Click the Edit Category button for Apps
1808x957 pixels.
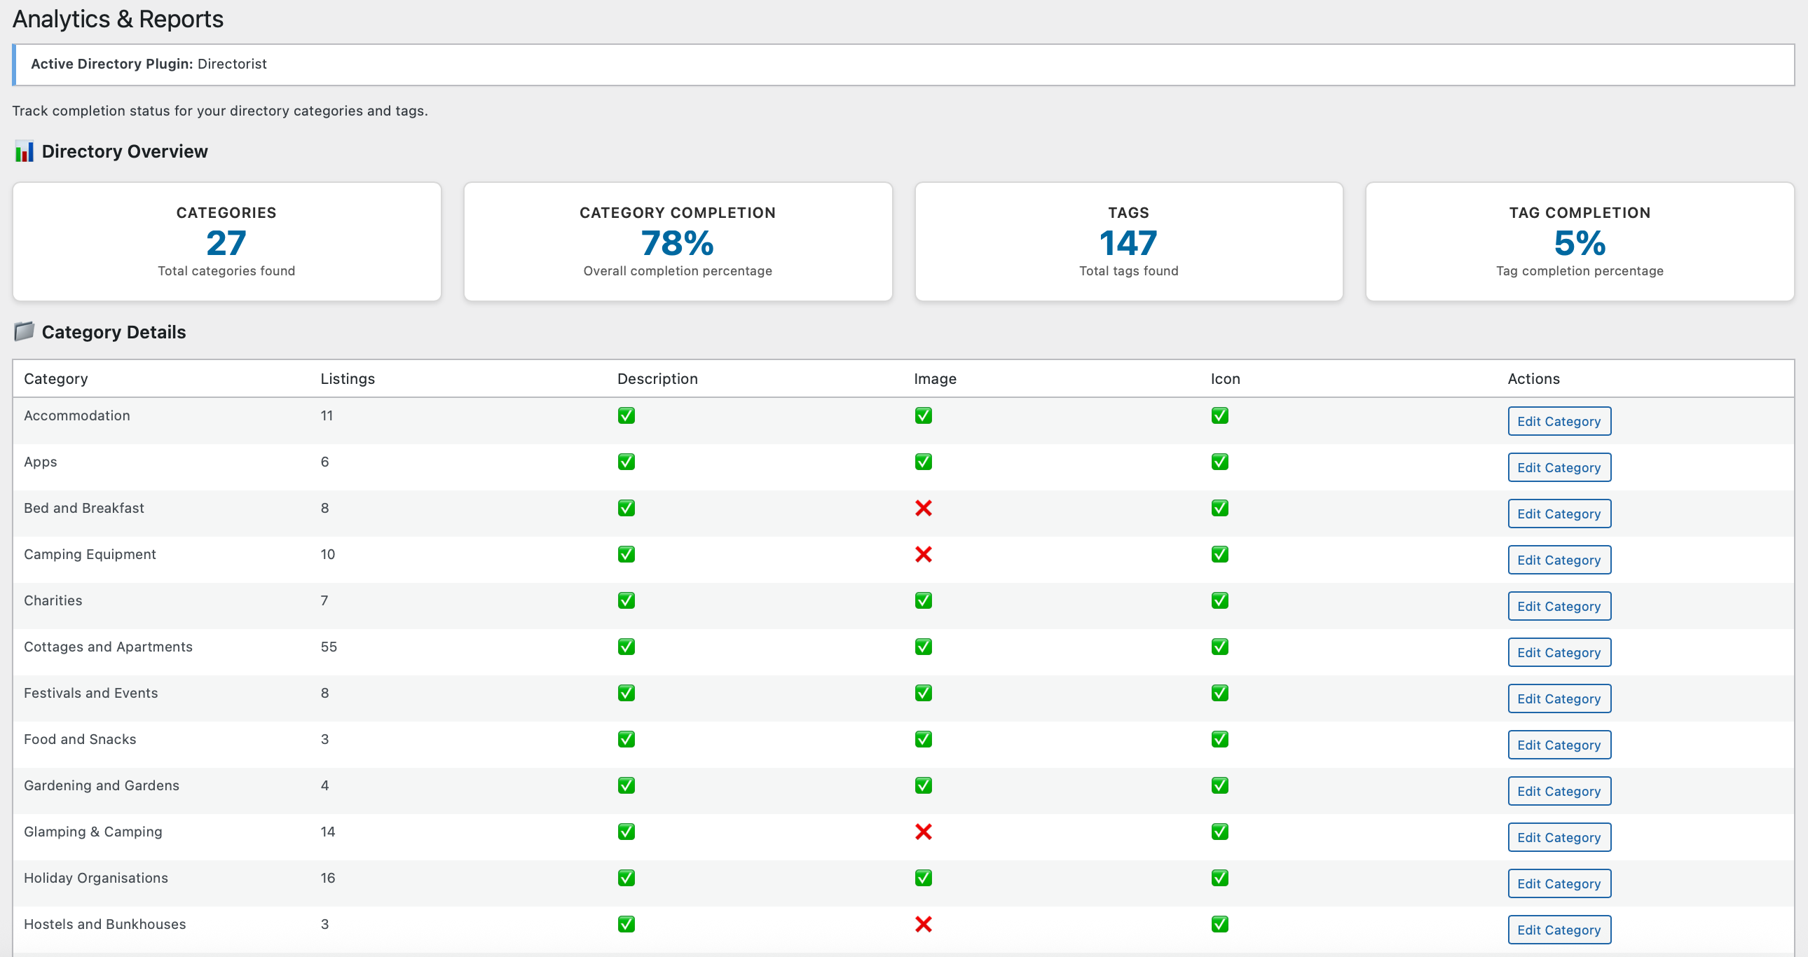[x=1559, y=467]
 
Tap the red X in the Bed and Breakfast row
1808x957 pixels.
[x=923, y=508]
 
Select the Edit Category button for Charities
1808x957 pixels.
[x=1559, y=606]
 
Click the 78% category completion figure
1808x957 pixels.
[x=677, y=244]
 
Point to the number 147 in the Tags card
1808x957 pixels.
[x=1128, y=244]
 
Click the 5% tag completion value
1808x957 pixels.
[x=1579, y=244]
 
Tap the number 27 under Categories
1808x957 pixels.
[x=226, y=244]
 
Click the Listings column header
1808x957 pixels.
[x=348, y=379]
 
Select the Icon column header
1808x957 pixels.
[x=1225, y=379]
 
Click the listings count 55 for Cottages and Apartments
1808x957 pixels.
[x=329, y=647]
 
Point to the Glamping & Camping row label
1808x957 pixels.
[x=93, y=832]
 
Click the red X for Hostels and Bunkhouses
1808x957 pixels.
[x=923, y=924]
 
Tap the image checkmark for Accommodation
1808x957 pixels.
[x=923, y=415]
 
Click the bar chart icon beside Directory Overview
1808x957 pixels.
[x=24, y=151]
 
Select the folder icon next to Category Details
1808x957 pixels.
[x=24, y=331]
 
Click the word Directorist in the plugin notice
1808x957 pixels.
[x=232, y=64]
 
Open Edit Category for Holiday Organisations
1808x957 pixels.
[x=1559, y=883]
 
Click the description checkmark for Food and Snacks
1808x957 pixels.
[x=626, y=739]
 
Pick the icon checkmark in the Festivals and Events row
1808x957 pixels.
[x=1219, y=692]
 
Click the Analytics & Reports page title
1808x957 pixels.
[x=118, y=19]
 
